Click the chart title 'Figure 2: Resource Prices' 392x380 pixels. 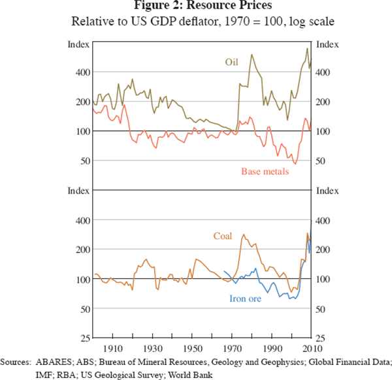(x=195, y=6)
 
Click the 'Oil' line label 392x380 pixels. (x=232, y=63)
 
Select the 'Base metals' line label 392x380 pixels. (x=265, y=171)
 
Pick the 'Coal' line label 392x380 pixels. (x=223, y=235)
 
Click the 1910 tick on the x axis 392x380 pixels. (x=113, y=347)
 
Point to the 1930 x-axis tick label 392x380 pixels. (x=153, y=347)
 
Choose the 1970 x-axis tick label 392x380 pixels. (x=233, y=347)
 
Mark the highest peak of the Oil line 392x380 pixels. (x=307, y=48)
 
